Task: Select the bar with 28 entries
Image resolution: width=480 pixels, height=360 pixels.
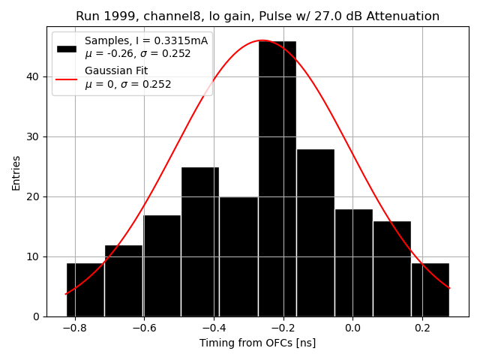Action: coord(315,232)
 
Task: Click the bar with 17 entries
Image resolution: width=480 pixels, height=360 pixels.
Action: coord(162,265)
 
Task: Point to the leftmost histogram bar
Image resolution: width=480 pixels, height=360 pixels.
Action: coord(85,289)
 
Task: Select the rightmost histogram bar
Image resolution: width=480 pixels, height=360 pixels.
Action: coord(430,289)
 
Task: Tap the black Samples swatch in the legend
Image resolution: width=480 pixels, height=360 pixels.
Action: coord(67,48)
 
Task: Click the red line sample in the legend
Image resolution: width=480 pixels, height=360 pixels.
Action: coord(67,78)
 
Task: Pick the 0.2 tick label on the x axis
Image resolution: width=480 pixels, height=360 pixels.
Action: coord(422,328)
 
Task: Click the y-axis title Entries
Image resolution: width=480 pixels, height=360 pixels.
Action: coord(16,172)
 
